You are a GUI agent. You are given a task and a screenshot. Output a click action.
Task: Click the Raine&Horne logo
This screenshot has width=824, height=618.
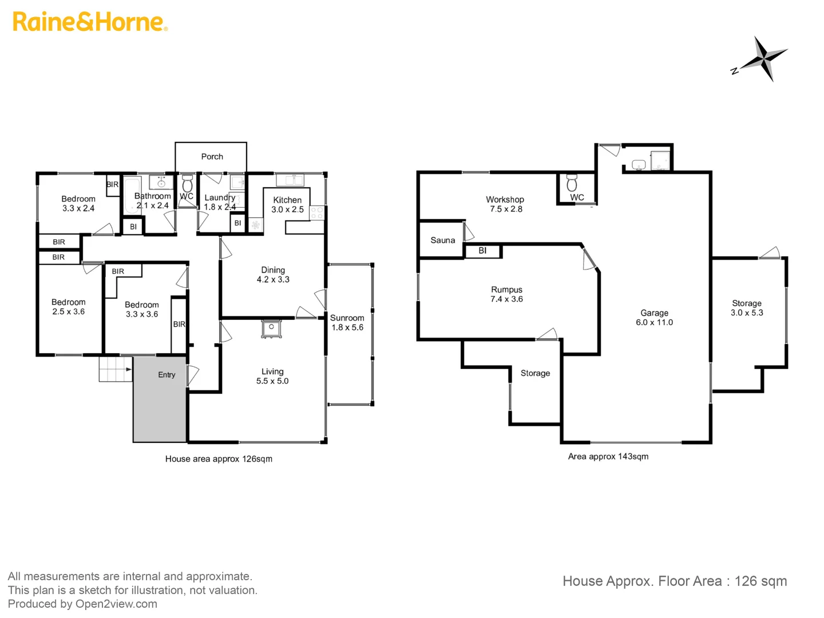[90, 22]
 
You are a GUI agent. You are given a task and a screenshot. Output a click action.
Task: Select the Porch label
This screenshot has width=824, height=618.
[212, 156]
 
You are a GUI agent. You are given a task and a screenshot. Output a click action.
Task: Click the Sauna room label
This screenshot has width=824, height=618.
[442, 240]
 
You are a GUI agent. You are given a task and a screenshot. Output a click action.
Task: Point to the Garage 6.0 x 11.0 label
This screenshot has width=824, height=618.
[654, 318]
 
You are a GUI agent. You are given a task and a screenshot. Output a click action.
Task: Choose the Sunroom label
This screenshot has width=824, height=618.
[347, 318]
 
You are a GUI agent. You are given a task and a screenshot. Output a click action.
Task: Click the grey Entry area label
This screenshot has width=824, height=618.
[167, 375]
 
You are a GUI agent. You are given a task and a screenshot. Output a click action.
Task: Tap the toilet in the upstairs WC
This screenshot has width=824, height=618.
[187, 184]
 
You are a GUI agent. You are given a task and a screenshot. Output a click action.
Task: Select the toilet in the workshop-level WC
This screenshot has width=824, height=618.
[571, 183]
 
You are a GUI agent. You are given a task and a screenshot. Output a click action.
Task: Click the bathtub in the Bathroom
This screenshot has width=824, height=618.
[132, 195]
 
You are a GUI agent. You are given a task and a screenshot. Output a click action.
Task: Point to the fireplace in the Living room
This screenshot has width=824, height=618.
[270, 329]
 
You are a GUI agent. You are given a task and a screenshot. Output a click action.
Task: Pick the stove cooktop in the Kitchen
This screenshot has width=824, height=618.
[317, 213]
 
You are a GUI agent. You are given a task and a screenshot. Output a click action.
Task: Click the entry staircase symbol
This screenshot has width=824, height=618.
[116, 369]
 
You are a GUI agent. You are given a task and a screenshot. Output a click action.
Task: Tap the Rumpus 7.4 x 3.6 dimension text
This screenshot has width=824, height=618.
[506, 299]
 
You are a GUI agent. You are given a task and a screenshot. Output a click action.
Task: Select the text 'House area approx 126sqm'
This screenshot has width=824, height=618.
[219, 459]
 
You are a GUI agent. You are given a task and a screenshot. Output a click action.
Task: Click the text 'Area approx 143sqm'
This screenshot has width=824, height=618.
[608, 457]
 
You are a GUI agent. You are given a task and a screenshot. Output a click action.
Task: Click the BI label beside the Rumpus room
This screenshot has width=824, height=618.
[482, 251]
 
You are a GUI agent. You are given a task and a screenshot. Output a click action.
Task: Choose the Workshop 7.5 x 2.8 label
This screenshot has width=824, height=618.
[505, 204]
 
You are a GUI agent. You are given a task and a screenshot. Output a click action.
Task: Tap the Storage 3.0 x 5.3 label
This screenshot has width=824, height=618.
[746, 308]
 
